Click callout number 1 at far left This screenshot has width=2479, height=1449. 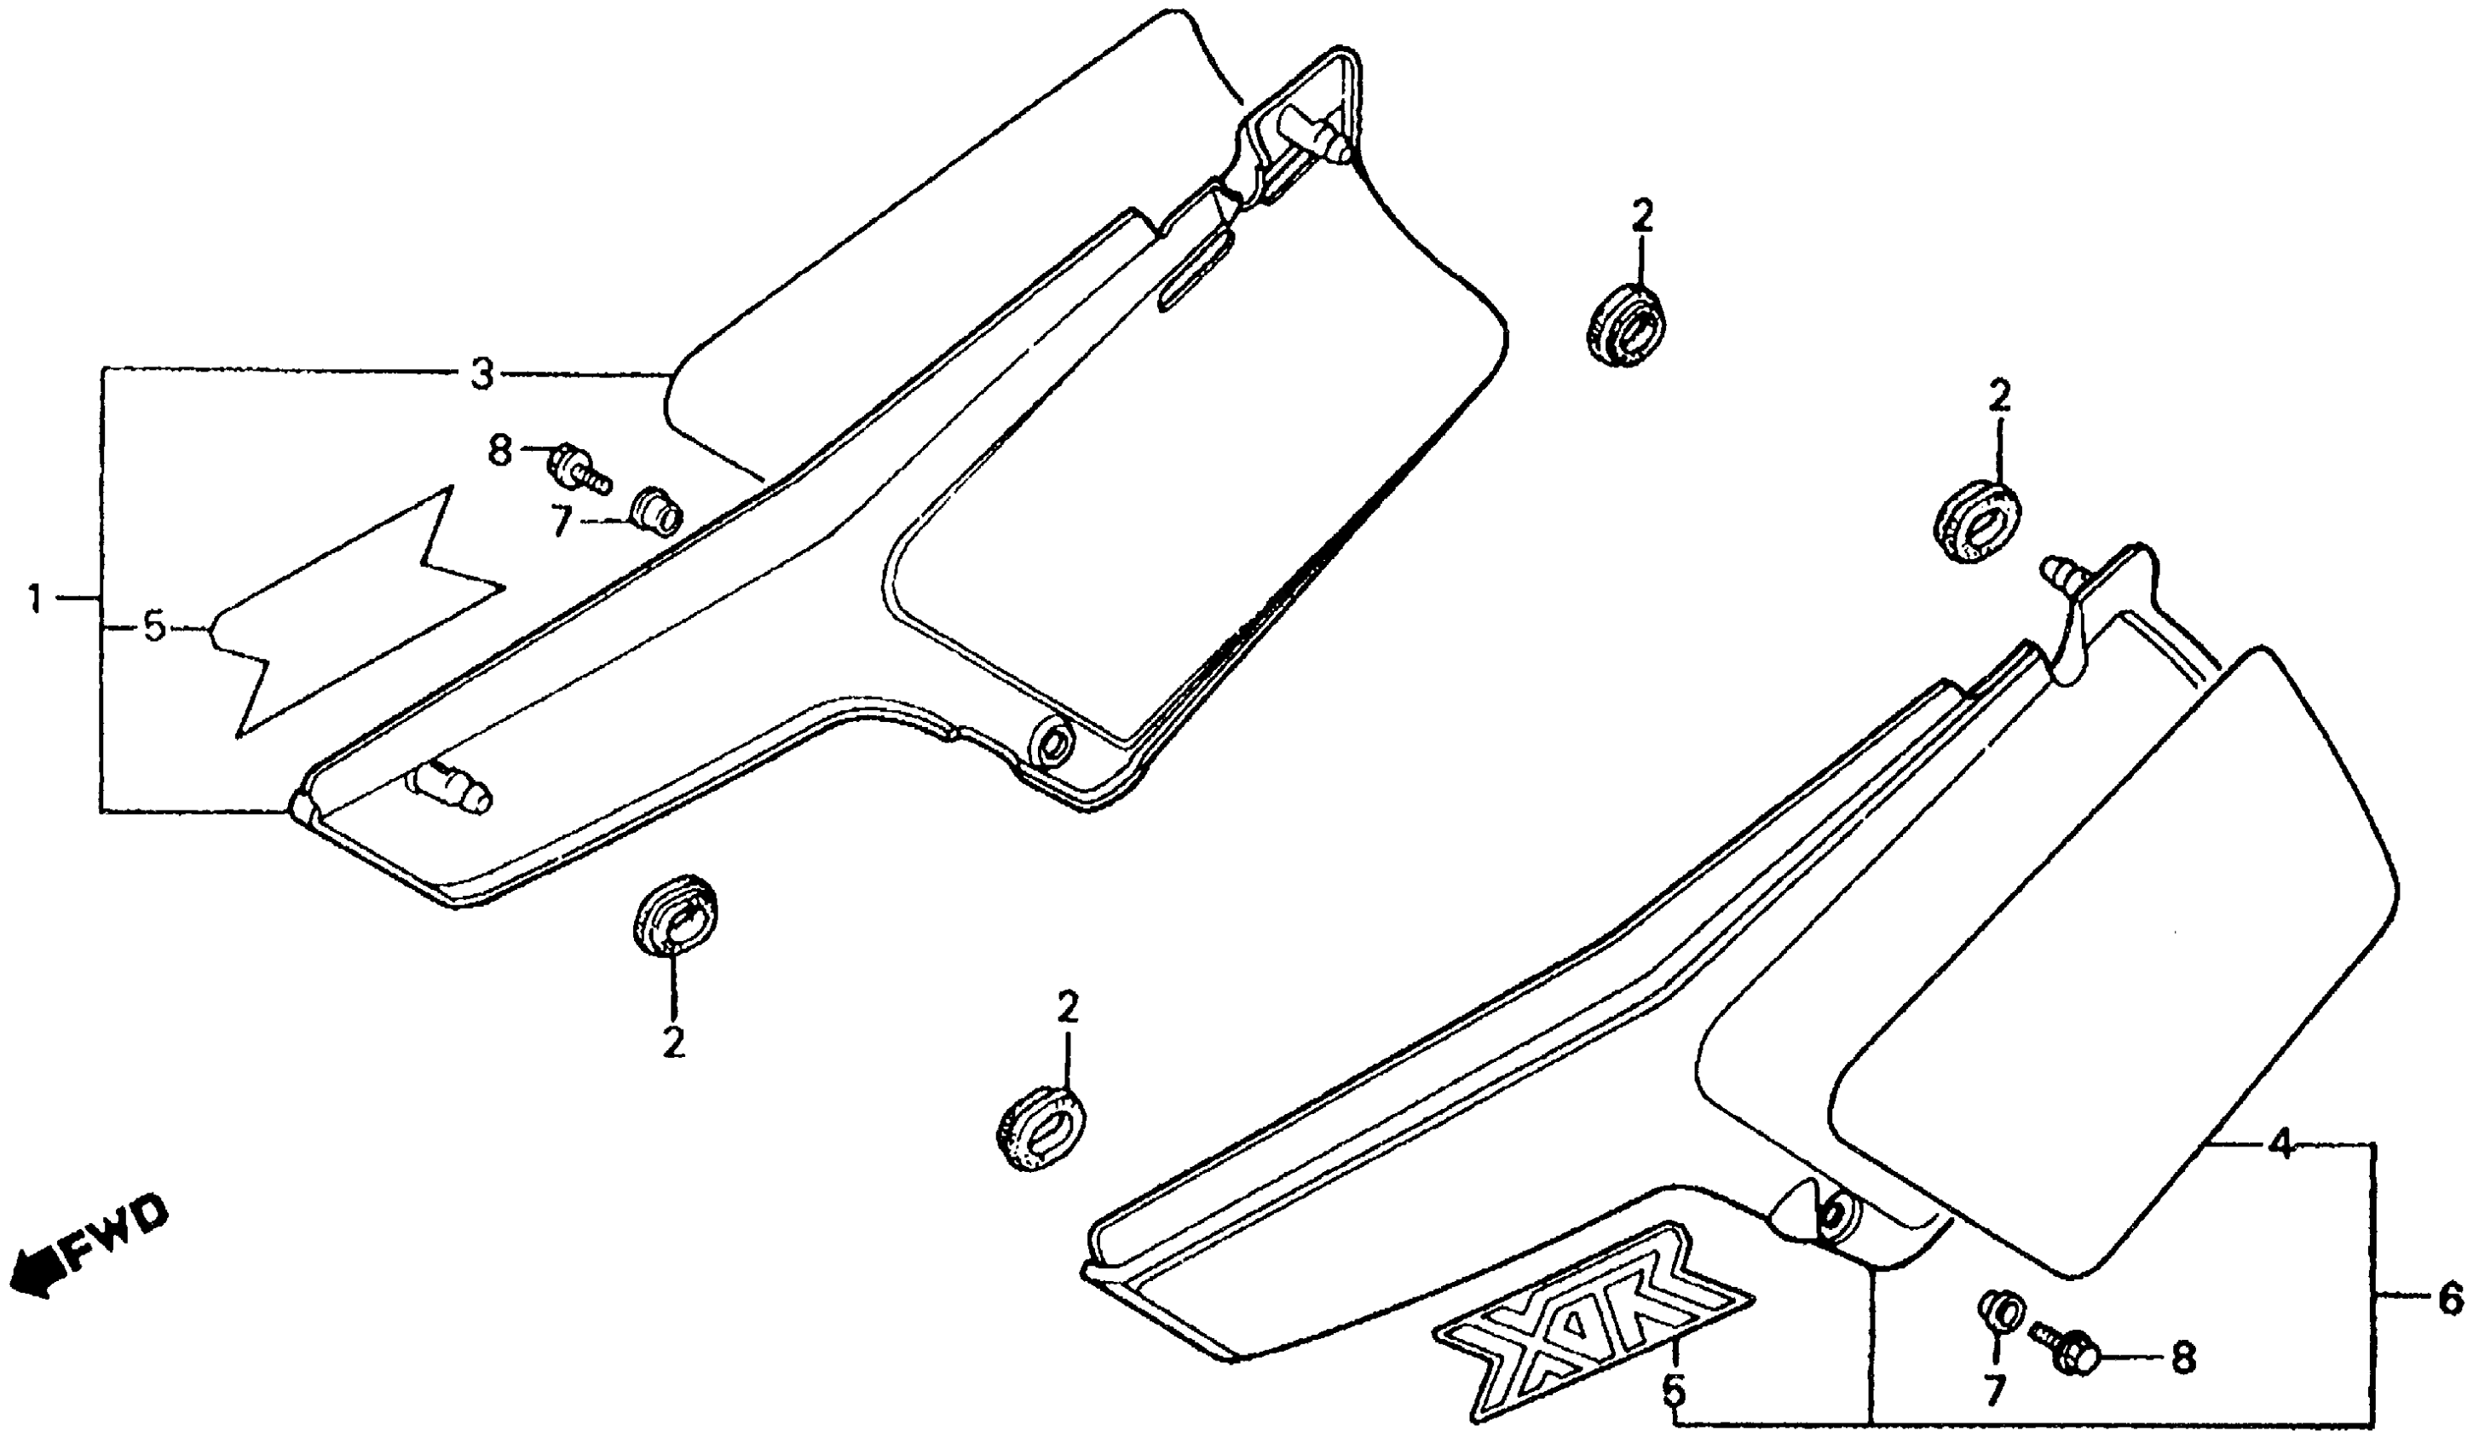pos(36,599)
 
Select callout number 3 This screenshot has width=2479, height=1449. pos(481,375)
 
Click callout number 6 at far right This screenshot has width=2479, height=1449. pos(2448,1296)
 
